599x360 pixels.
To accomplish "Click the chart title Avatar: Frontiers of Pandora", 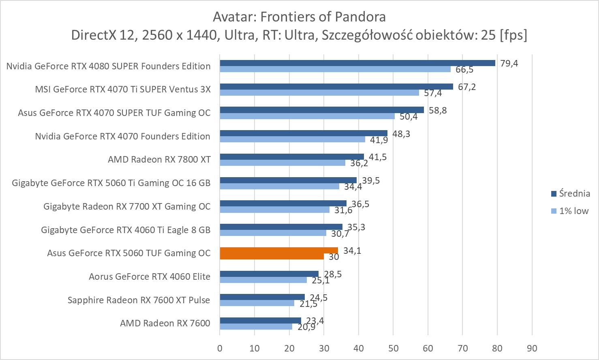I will click(x=299, y=17).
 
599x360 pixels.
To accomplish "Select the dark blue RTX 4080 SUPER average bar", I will click(x=357, y=63).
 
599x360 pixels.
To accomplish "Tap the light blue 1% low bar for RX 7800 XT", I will click(x=282, y=163).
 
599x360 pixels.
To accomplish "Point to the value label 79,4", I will click(x=509, y=63).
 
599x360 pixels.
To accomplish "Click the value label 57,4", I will click(x=433, y=93).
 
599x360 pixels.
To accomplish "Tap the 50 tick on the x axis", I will click(x=393, y=348).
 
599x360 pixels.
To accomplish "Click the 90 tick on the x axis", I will click(x=532, y=348).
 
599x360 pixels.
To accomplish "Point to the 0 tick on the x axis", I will click(x=220, y=348).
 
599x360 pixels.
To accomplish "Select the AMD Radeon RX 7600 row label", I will click(x=165, y=323).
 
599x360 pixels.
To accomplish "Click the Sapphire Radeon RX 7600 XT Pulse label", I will click(x=139, y=300).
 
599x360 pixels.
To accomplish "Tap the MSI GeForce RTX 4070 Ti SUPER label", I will click(x=123, y=89).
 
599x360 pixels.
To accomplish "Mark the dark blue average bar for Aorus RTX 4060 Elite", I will click(x=269, y=274).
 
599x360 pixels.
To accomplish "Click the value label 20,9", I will click(x=306, y=327).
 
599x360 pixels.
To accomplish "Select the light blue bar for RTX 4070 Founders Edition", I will click(x=292, y=139).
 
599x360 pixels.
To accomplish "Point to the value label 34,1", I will click(x=352, y=251).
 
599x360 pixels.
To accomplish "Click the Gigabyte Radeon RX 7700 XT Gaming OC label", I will click(x=127, y=206).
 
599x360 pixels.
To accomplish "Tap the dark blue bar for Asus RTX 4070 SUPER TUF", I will click(x=321, y=110).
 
